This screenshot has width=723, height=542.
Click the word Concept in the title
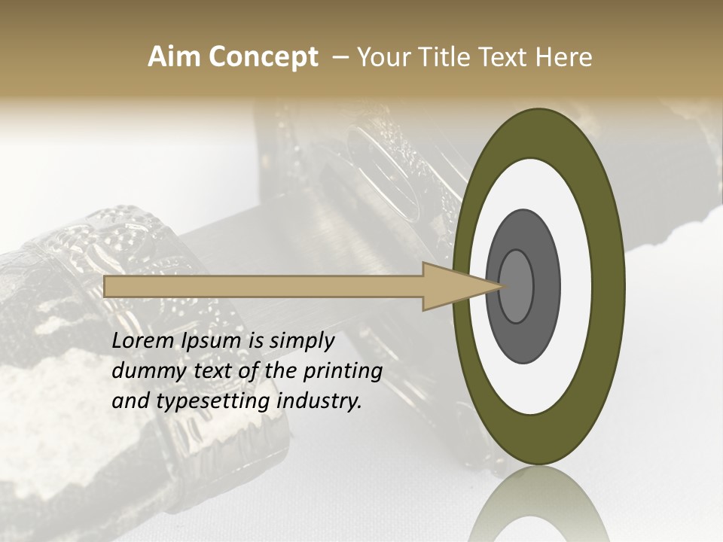pos(263,57)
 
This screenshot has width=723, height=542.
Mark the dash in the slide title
pos(340,58)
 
